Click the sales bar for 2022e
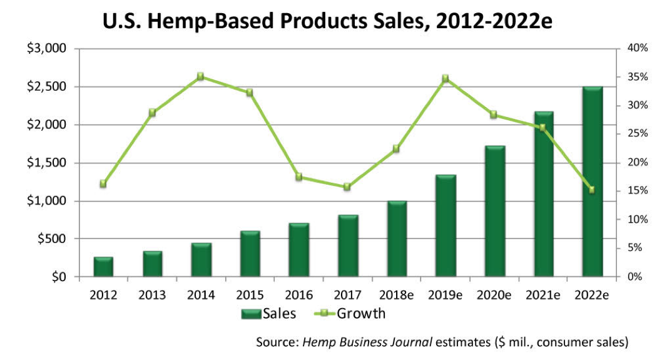click(x=593, y=182)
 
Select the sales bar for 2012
click(x=103, y=267)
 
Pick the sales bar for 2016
click(x=299, y=250)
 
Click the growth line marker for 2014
click(x=201, y=76)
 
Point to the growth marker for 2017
click(x=348, y=187)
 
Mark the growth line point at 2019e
click(x=446, y=78)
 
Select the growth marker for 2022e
click(x=592, y=190)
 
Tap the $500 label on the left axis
click(x=49, y=239)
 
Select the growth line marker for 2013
click(x=152, y=113)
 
